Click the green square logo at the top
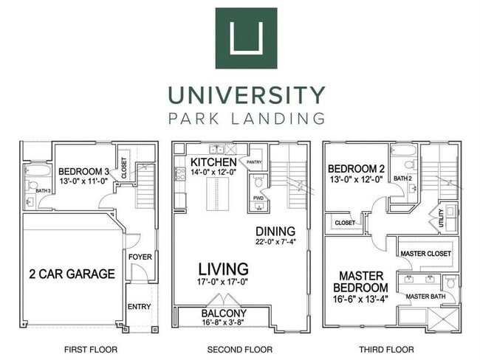tap(246, 38)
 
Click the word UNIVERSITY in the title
tap(246, 95)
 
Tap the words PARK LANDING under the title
tap(246, 118)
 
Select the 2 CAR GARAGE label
tap(72, 274)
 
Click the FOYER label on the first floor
tap(140, 257)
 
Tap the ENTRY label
tap(139, 307)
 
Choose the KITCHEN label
tap(213, 162)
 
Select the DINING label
tap(275, 231)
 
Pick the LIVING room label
tap(222, 269)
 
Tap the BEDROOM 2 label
tap(355, 168)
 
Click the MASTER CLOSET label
tap(425, 254)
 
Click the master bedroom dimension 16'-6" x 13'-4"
tap(360, 300)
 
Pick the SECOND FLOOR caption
tap(241, 349)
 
